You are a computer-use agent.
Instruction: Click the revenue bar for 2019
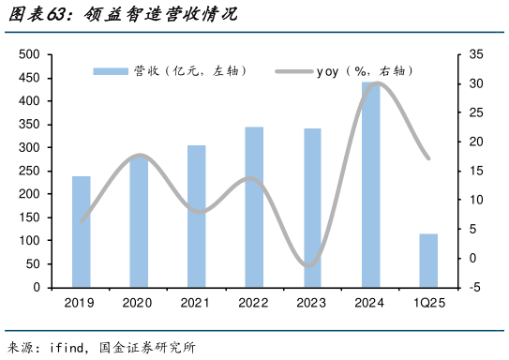point(82,232)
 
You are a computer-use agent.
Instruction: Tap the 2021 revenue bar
point(197,217)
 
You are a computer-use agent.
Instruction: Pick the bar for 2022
point(254,207)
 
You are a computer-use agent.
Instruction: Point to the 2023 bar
point(312,208)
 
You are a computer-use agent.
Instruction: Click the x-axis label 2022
point(254,303)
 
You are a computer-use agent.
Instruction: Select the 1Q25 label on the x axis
point(428,303)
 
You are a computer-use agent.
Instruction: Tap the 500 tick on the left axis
point(29,55)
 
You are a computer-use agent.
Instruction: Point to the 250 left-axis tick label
point(29,172)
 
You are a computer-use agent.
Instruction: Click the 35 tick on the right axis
point(476,55)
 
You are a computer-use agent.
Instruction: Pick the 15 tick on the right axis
point(476,172)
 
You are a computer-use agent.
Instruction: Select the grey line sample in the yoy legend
point(292,71)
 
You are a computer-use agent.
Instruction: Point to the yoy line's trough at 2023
point(308,264)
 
